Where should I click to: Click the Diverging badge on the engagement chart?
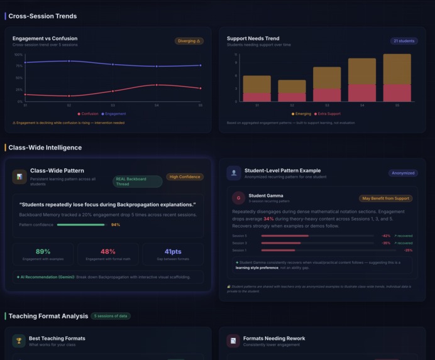pyautogui.click(x=189, y=41)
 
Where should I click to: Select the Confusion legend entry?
pyautogui.click(x=88, y=114)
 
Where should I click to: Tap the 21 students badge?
pyautogui.click(x=404, y=41)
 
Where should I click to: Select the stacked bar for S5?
pyautogui.click(x=397, y=78)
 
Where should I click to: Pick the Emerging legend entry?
pyautogui.click(x=301, y=114)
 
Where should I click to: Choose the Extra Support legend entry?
pyautogui.click(x=328, y=114)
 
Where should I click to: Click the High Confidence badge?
pyautogui.click(x=185, y=177)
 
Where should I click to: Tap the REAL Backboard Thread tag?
pyautogui.click(x=137, y=182)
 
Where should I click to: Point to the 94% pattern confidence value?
pyautogui.click(x=116, y=224)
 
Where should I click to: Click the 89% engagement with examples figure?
pyautogui.click(x=43, y=251)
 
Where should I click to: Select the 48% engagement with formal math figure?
pyautogui.click(x=107, y=251)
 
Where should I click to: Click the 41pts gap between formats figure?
pyautogui.click(x=173, y=251)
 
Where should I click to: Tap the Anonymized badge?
pyautogui.click(x=403, y=173)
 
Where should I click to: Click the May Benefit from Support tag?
pyautogui.click(x=385, y=198)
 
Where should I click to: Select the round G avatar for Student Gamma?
pyautogui.click(x=238, y=198)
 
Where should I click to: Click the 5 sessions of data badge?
pyautogui.click(x=111, y=316)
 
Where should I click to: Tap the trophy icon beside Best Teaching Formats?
pyautogui.click(x=19, y=341)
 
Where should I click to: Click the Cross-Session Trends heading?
pyautogui.click(x=42, y=16)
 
